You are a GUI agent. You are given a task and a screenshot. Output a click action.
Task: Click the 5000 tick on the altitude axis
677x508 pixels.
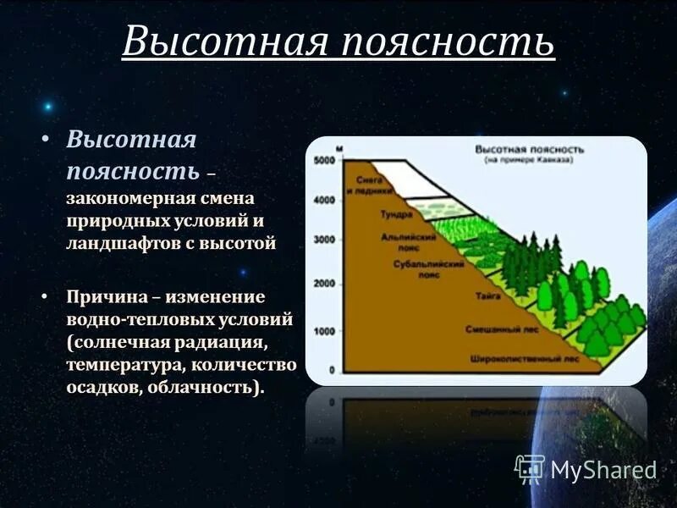tap(324, 160)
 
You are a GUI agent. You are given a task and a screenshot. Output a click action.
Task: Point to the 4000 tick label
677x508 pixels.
tap(324, 201)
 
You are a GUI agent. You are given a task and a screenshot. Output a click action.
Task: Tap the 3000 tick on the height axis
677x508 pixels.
tap(324, 240)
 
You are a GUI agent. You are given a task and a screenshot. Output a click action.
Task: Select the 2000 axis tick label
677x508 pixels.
tap(324, 284)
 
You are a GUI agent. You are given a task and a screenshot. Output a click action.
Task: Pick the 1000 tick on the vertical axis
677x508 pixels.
tap(325, 331)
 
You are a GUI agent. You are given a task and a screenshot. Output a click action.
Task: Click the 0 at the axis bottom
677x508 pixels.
tap(332, 370)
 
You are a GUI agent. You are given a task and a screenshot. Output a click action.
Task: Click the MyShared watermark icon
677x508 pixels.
tap(530, 468)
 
